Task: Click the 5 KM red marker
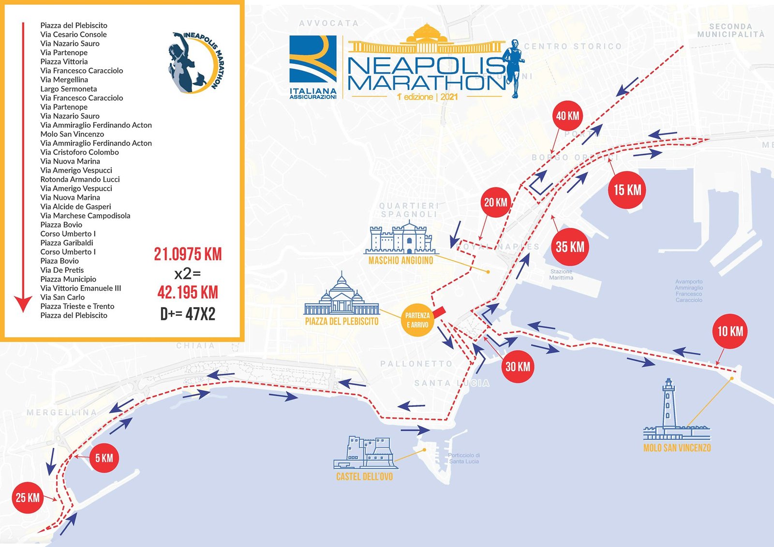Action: tap(104, 458)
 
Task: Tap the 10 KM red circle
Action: tap(730, 331)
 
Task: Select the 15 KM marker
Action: tap(627, 190)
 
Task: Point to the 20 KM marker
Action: tap(496, 202)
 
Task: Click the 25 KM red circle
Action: tap(27, 498)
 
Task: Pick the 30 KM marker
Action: tap(518, 367)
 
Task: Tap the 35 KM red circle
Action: tap(570, 247)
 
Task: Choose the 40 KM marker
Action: tap(567, 116)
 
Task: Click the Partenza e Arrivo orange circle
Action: tap(417, 320)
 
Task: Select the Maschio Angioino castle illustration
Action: tap(401, 238)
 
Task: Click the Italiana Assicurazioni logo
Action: tap(313, 66)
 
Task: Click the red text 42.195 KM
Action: tap(188, 293)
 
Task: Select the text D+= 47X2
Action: tap(188, 314)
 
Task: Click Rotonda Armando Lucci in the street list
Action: tap(80, 179)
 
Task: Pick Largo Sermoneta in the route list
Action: tap(69, 89)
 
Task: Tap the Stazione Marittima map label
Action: tap(561, 275)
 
